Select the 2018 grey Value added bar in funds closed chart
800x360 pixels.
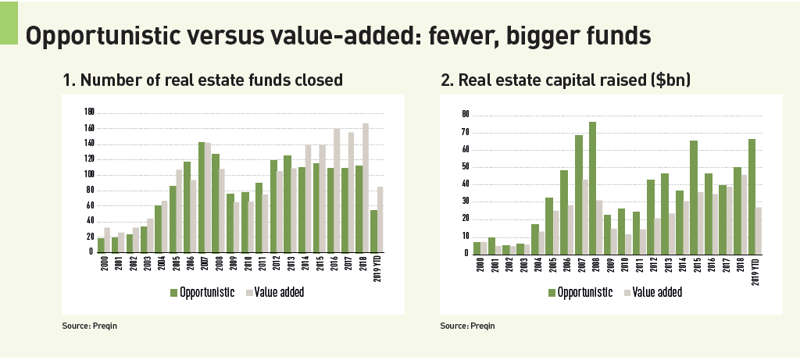pyautogui.click(x=365, y=187)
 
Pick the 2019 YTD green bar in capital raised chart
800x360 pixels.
pyautogui.click(x=752, y=196)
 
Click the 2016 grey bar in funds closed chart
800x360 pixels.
pyautogui.click(x=337, y=190)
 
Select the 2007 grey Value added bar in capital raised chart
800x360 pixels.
pyautogui.click(x=585, y=216)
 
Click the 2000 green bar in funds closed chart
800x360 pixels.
pyautogui.click(x=101, y=245)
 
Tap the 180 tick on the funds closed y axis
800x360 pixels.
pyautogui.click(x=89, y=113)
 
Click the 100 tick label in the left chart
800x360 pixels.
pyautogui.click(x=89, y=175)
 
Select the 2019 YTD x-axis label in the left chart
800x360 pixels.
pyautogui.click(x=380, y=270)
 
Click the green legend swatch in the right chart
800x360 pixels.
pyautogui.click(x=552, y=292)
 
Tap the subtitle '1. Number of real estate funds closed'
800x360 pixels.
pyautogui.click(x=202, y=80)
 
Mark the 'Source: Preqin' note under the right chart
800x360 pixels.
pyautogui.click(x=467, y=326)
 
